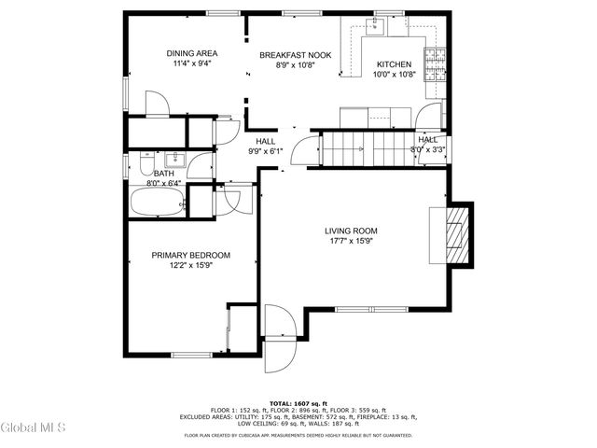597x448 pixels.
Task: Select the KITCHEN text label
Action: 393,64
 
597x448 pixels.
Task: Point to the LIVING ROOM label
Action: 350,231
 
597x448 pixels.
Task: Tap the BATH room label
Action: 163,174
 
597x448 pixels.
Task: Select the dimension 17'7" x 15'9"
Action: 350,242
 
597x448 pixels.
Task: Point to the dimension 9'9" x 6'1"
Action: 265,152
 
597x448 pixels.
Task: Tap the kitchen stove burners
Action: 435,63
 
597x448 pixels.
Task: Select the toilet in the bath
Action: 144,165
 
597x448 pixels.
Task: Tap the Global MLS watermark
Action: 34,428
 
